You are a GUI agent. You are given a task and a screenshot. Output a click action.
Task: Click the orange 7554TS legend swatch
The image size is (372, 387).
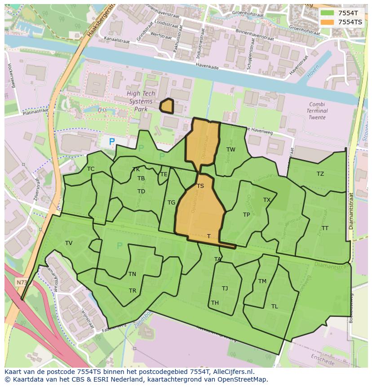[328, 22]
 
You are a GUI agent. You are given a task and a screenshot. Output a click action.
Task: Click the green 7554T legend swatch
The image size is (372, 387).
[328, 13]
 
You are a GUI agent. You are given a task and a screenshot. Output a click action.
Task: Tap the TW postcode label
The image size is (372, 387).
[230, 150]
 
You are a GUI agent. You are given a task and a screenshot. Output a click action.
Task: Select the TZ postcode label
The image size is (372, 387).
[320, 174]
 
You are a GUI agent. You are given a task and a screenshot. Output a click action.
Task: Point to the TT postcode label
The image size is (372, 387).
[325, 228]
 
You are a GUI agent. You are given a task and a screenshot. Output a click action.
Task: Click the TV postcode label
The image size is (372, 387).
[69, 243]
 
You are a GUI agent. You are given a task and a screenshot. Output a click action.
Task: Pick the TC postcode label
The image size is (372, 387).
[91, 169]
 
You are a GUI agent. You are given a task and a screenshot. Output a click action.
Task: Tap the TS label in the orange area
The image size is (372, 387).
[200, 186]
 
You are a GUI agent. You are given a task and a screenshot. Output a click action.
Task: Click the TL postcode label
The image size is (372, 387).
[275, 307]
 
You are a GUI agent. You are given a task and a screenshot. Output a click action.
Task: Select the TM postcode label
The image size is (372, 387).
[262, 281]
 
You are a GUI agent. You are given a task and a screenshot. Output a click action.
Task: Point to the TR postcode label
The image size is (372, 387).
[133, 291]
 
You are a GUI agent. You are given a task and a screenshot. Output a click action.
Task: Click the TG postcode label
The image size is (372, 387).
[171, 203]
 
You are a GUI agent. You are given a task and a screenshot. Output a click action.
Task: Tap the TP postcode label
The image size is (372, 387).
[246, 215]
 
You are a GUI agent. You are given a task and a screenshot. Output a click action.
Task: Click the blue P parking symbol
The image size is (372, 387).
[112, 142]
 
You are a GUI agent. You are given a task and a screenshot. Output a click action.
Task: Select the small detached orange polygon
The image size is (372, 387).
[167, 106]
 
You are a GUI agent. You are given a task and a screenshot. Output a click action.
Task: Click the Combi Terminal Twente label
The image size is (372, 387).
[318, 111]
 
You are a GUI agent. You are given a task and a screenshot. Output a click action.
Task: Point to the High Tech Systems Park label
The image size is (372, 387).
[141, 101]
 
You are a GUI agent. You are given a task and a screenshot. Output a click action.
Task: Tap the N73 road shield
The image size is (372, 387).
[21, 282]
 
